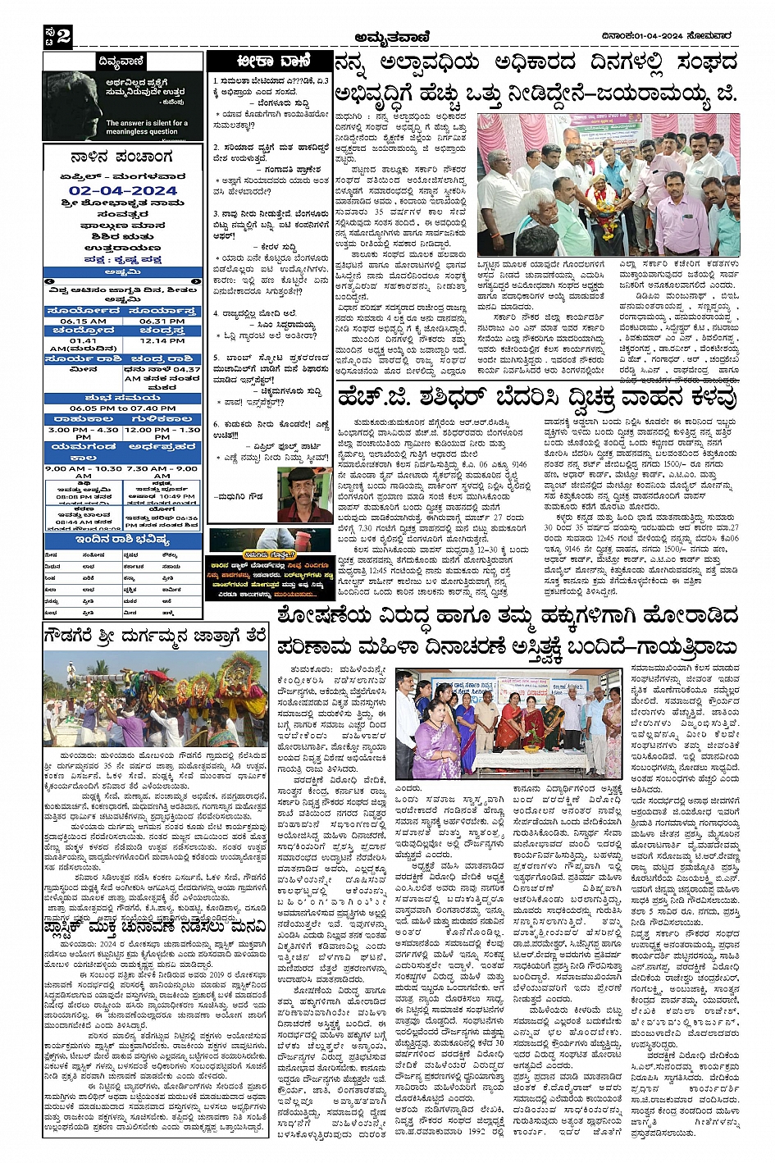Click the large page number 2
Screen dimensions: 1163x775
[x=63, y=35]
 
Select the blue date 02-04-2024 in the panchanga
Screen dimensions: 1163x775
[x=123, y=190]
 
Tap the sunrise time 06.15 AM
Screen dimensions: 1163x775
[x=83, y=321]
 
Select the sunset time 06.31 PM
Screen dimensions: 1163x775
[x=162, y=321]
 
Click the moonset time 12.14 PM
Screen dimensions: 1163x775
[x=162, y=340]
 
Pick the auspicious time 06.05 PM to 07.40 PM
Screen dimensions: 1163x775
[x=122, y=408]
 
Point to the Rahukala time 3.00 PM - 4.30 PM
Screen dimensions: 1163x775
[x=83, y=432]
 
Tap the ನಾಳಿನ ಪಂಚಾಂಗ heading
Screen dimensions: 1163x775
[x=122, y=157]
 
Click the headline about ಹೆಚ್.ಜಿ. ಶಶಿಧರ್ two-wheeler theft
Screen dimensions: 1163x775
[x=536, y=399]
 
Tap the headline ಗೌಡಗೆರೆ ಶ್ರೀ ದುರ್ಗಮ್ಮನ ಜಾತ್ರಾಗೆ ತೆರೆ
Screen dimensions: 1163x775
[x=155, y=636]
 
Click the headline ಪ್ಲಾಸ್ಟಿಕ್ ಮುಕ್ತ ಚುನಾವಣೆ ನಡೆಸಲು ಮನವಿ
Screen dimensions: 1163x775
[x=155, y=926]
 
